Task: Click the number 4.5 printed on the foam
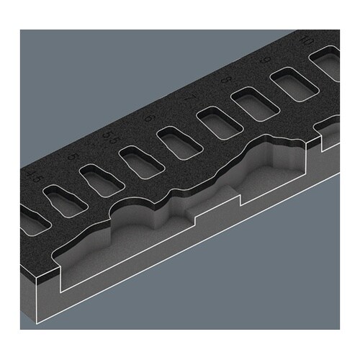30,173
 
